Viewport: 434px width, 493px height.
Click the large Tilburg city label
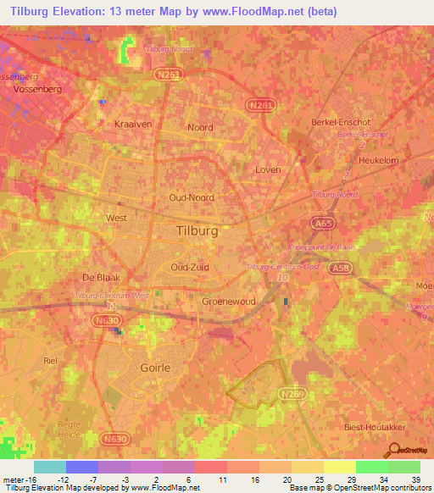pos(196,230)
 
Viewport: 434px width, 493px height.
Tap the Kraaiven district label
pos(131,124)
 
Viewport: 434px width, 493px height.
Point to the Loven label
pos(267,169)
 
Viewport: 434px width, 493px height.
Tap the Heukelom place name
pos(379,159)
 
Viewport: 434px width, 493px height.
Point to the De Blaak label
pos(102,278)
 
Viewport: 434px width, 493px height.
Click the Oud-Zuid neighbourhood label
pos(191,267)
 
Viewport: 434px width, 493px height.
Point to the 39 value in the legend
pos(415,479)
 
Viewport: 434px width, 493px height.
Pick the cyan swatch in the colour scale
pos(50,467)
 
